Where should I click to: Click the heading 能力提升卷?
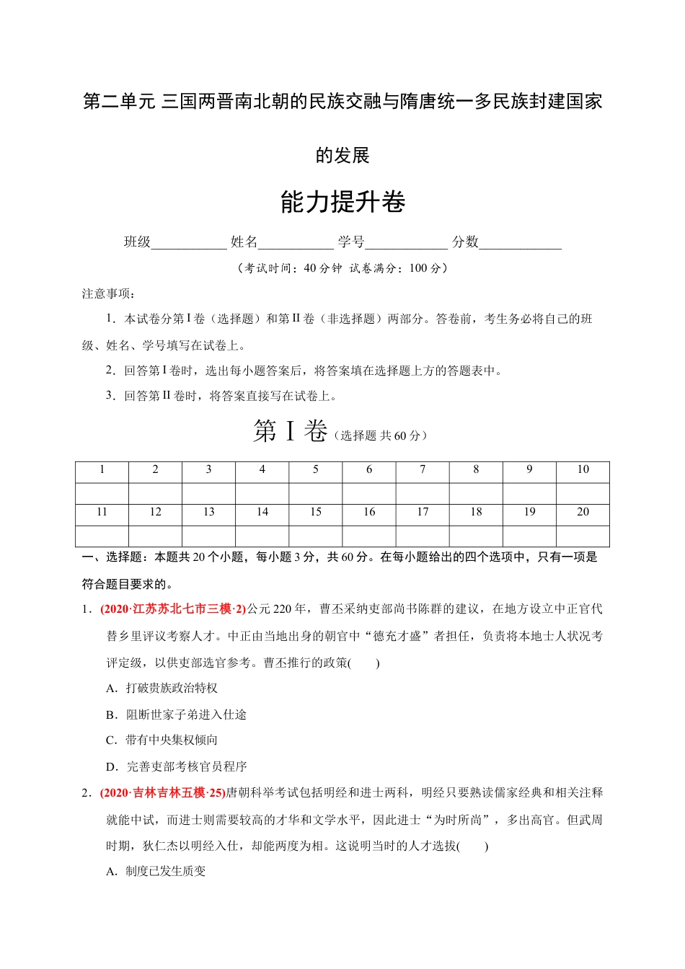[342, 203]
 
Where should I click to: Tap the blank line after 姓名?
[296, 244]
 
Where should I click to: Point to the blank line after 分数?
[520, 244]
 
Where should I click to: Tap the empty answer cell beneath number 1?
[102, 493]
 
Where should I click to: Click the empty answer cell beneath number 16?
[369, 536]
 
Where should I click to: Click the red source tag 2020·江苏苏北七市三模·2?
[173, 609]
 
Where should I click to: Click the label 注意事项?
[108, 293]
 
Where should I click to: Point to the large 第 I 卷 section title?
[290, 432]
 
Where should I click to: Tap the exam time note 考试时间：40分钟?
[293, 268]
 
